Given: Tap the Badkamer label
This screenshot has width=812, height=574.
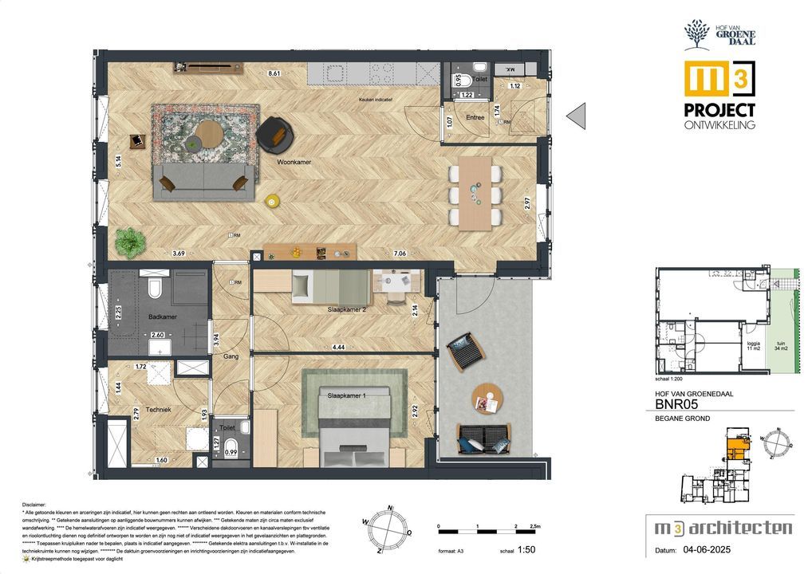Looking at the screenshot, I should click(164, 317).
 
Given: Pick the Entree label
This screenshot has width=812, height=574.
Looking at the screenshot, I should click(475, 117).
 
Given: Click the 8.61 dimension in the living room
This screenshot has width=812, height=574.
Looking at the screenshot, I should click(274, 74).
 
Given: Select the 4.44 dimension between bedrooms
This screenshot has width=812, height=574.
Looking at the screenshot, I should click(338, 348).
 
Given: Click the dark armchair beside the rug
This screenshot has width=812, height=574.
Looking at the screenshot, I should click(274, 133).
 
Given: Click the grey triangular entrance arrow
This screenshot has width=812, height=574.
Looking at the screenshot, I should click(576, 116).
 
